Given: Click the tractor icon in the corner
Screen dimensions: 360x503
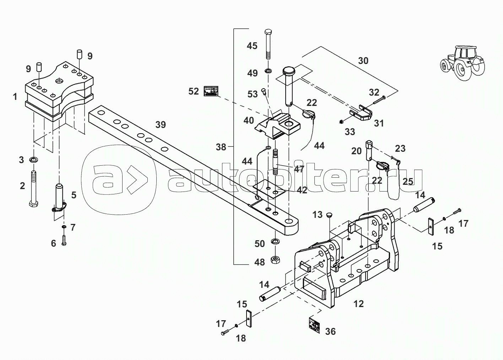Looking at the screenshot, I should pos(461,62).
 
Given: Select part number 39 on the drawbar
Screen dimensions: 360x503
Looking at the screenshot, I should pos(161,125).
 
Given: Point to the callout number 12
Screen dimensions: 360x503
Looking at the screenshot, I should pos(359,304).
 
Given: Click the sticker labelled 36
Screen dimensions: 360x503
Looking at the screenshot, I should pos(314,325).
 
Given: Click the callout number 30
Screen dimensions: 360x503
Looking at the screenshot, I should pos(363,60).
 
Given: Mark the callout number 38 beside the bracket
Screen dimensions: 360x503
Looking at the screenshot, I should pos(221,147).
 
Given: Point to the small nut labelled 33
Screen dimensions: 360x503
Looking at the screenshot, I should pos(340,122).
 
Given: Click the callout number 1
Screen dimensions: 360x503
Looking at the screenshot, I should pos(15,96).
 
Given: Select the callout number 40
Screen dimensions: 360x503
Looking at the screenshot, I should pos(249,120).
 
